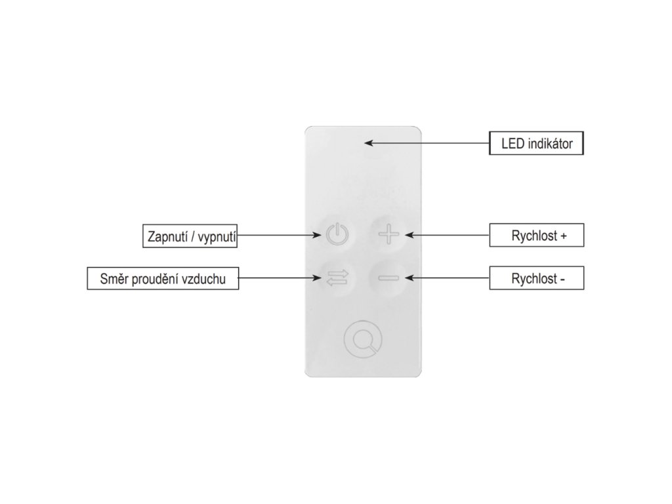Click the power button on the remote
pos(335,234)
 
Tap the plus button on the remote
pos(388,234)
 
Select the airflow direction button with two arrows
pos(335,278)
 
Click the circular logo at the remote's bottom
pos(362,341)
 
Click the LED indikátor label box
pos(535,144)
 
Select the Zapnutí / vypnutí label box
pos(190,236)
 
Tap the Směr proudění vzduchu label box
pos(163,280)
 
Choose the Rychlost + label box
pos(536,236)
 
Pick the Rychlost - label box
pos(536,279)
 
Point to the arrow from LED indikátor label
pos(427,142)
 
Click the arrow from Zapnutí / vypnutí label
pos(276,235)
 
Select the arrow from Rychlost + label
pos(446,234)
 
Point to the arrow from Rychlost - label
pos(446,278)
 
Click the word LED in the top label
pos(513,144)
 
